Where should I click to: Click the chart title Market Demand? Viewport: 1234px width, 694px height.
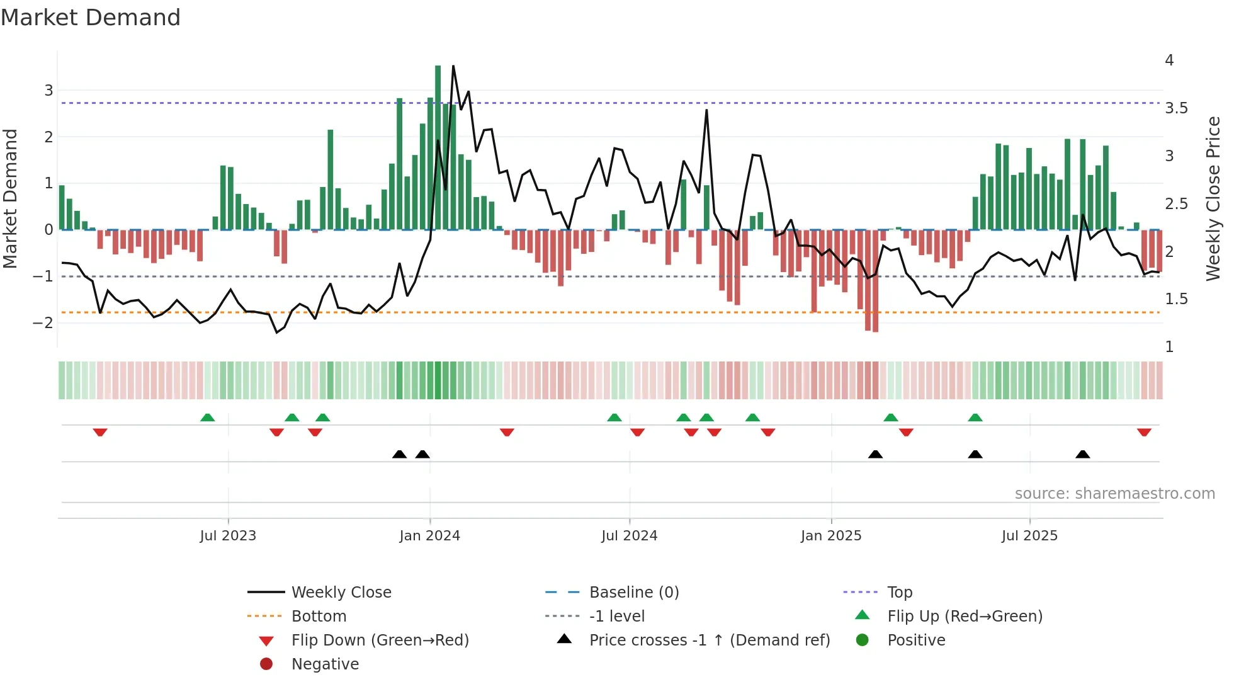pyautogui.click(x=91, y=18)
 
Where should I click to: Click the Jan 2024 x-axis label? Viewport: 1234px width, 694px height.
pyautogui.click(x=429, y=536)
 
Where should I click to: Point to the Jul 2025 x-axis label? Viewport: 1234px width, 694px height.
pyautogui.click(x=1029, y=536)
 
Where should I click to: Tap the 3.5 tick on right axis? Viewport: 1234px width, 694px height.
pyautogui.click(x=1175, y=108)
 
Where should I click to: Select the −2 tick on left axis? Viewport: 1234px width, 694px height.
pyautogui.click(x=43, y=323)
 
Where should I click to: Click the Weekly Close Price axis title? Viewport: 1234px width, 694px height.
pyautogui.click(x=1213, y=198)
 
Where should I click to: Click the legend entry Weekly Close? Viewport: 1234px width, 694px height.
pyautogui.click(x=341, y=593)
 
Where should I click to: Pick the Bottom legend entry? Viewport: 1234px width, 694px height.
pyautogui.click(x=319, y=617)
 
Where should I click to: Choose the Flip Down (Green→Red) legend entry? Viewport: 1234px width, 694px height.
pyautogui.click(x=380, y=640)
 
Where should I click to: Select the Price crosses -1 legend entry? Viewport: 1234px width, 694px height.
pyautogui.click(x=709, y=640)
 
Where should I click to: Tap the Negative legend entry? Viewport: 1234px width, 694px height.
pyautogui.click(x=325, y=664)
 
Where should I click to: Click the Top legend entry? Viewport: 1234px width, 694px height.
pyautogui.click(x=899, y=593)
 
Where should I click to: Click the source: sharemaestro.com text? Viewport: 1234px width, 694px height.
pyautogui.click(x=1114, y=494)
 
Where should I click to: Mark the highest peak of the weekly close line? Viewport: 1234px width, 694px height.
pyautogui.click(x=453, y=67)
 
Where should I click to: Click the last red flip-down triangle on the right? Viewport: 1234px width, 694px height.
pyautogui.click(x=1144, y=432)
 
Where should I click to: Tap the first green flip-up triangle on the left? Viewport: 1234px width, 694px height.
pyautogui.click(x=207, y=418)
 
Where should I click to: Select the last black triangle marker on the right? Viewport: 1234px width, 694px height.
pyautogui.click(x=1082, y=455)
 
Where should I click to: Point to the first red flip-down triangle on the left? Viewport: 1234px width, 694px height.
pyautogui.click(x=100, y=432)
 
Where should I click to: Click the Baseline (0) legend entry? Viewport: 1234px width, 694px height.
pyautogui.click(x=633, y=593)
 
